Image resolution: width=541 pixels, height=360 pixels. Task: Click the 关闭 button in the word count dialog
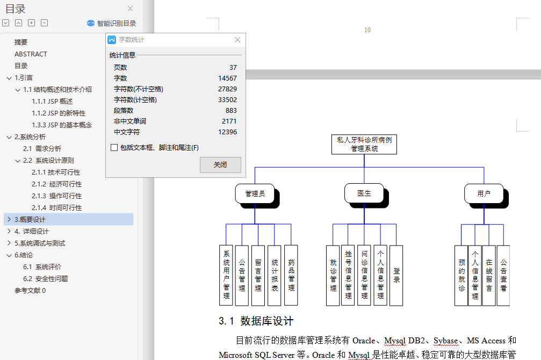(x=220, y=165)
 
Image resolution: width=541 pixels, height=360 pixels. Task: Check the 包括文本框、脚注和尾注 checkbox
(x=114, y=148)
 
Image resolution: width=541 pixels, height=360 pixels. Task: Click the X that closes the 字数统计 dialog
(x=237, y=40)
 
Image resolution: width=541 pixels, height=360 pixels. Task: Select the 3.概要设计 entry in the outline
(x=30, y=219)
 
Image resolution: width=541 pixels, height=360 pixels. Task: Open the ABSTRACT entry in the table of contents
(x=31, y=54)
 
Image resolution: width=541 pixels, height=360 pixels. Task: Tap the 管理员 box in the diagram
(x=255, y=193)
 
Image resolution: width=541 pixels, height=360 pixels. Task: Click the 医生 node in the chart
(x=364, y=193)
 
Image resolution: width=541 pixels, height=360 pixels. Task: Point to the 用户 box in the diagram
(x=484, y=193)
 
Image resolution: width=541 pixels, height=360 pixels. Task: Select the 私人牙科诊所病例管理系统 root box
(x=364, y=144)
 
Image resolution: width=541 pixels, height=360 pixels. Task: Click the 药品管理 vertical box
(x=291, y=275)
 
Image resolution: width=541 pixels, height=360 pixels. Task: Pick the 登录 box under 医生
(x=396, y=275)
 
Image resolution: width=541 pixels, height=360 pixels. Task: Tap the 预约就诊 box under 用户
(x=461, y=275)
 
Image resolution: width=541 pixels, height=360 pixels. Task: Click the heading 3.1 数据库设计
(x=256, y=321)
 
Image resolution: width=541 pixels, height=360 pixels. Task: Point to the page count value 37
(x=233, y=67)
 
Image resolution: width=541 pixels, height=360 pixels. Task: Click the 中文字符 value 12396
(x=227, y=132)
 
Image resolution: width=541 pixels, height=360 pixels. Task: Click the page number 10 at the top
(x=367, y=30)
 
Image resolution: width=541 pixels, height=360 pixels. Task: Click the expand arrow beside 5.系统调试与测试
(x=9, y=243)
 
